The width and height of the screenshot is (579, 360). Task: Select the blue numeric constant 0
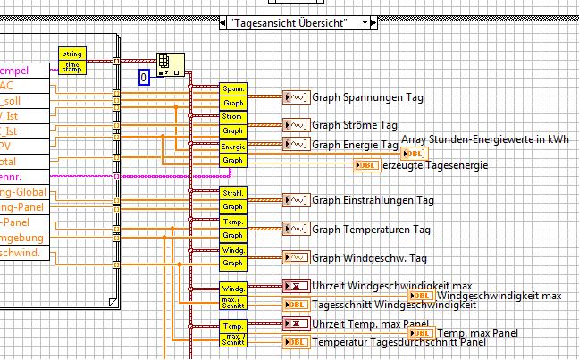pos(145,77)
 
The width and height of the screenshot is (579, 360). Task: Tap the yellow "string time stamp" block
pos(72,59)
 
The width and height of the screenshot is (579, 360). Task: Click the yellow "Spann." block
pos(232,90)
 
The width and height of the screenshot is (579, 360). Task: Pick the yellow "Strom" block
pos(232,117)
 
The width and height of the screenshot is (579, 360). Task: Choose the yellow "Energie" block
pos(232,147)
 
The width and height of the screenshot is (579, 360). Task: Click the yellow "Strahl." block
pos(232,192)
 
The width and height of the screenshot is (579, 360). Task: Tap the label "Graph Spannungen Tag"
pos(367,97)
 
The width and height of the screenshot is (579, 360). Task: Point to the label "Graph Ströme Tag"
pos(355,125)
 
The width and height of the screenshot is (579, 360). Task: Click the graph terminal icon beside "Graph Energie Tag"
pos(296,145)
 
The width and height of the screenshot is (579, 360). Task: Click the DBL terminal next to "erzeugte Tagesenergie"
pos(366,165)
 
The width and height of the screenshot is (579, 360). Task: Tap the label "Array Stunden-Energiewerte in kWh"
pos(485,139)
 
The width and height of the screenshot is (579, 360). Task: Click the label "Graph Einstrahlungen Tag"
pos(373,200)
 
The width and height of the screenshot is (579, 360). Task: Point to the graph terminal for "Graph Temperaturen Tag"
pos(296,230)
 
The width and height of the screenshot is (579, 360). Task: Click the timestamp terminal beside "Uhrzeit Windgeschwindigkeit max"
pos(296,286)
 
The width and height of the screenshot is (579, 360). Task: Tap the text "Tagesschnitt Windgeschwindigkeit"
pos(393,306)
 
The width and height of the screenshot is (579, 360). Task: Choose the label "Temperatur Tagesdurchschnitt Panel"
pos(399,342)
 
